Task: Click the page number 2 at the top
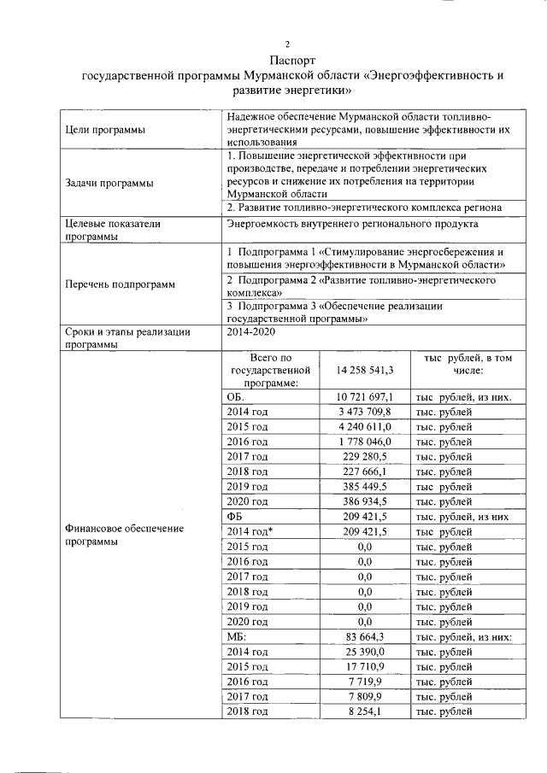(288, 44)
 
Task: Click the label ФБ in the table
(236, 517)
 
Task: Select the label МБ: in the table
(237, 636)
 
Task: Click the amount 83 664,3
(370, 636)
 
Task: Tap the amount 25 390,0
(370, 652)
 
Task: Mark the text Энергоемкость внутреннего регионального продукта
(352, 224)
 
